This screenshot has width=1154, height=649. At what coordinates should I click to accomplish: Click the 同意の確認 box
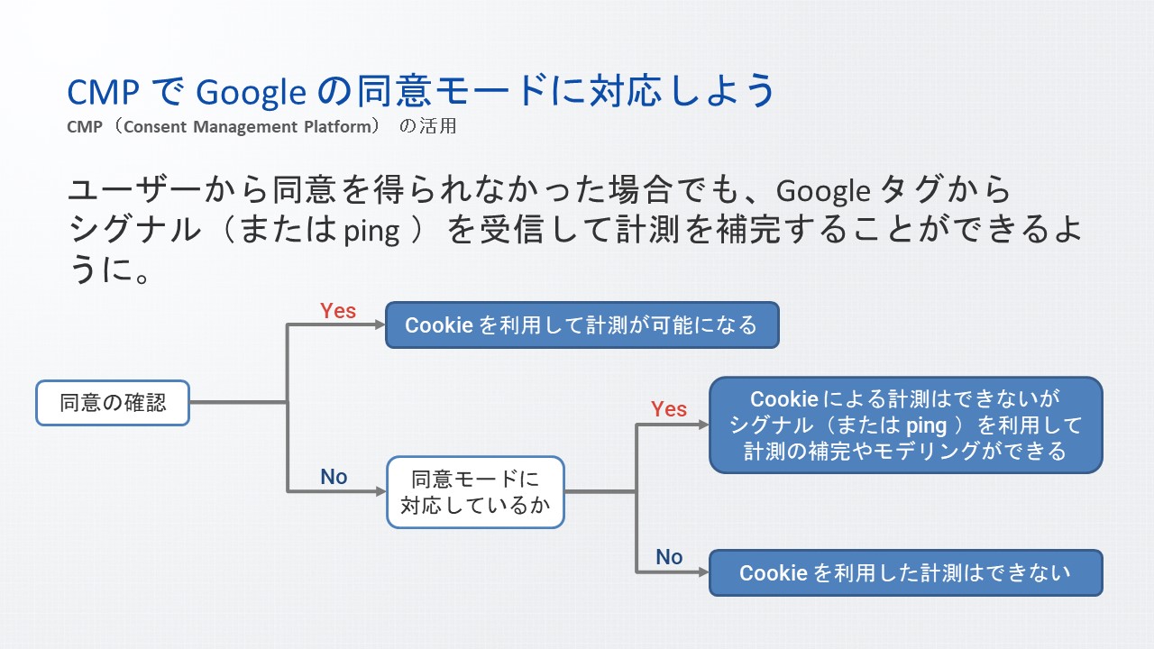click(113, 402)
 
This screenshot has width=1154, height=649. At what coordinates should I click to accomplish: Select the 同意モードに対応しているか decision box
click(475, 492)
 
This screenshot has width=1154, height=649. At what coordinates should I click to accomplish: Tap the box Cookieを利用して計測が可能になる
click(582, 324)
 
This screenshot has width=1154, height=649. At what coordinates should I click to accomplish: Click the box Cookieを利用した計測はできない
click(905, 572)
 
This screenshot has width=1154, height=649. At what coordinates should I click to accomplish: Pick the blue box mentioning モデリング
click(905, 425)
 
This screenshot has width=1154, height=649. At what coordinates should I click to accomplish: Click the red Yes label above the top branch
click(338, 311)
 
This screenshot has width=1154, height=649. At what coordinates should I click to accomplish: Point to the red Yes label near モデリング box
click(669, 409)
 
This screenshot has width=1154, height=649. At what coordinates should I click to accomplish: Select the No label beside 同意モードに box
click(334, 478)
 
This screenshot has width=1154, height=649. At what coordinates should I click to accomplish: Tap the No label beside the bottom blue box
click(669, 557)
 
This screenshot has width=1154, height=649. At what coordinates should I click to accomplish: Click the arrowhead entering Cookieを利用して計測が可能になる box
click(379, 324)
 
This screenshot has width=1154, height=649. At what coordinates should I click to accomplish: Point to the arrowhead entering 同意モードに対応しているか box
click(380, 491)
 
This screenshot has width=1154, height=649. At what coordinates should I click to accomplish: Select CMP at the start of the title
click(100, 91)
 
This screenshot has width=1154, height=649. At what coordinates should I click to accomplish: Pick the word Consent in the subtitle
click(154, 126)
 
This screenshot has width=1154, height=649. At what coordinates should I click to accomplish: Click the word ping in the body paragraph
click(371, 232)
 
